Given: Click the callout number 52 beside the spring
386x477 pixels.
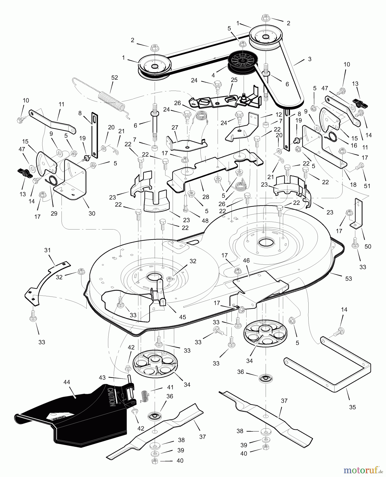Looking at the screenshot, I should pos(115,78).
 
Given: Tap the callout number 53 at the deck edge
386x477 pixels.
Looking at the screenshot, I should pos(348,279).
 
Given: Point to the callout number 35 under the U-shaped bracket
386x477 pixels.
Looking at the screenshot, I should pos(352,407).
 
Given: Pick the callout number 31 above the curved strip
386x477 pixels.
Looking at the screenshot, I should pos(47,250).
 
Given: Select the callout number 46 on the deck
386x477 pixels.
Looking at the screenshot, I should pos(246,260).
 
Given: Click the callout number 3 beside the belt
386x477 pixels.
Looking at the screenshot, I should pos(310,59).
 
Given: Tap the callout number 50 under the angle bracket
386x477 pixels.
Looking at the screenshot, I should pos(368,246).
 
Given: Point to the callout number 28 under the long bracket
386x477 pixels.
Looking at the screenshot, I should pos(205,197).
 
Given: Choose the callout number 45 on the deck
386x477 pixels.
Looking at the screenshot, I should pos(182,317).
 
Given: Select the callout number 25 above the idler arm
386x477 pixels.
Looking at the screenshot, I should pos(234,79).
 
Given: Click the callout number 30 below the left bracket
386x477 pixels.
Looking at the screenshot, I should pos(92,213).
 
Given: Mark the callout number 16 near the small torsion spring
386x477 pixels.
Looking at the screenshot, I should pos(354,145).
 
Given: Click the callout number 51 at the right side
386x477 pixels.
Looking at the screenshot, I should pos(367,186).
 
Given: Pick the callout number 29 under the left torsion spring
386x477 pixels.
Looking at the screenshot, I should pos(54,213).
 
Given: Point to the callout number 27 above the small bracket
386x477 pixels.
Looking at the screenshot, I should pos(175,127).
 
